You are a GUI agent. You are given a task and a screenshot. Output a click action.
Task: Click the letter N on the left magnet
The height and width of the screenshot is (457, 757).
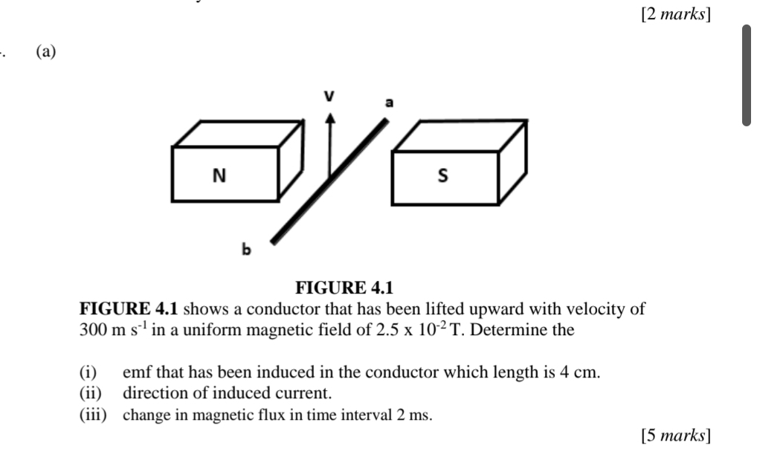[219, 175]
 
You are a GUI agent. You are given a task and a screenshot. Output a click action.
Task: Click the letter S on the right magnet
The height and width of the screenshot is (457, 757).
[442, 175]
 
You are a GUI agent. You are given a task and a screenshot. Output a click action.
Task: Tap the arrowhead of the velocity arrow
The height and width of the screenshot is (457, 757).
[330, 117]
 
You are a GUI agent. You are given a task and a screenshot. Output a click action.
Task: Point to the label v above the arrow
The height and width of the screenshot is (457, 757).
[329, 96]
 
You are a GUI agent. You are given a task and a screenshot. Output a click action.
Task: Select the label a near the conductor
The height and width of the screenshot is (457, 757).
[389, 103]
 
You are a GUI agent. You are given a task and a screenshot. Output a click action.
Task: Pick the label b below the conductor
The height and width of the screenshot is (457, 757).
[246, 249]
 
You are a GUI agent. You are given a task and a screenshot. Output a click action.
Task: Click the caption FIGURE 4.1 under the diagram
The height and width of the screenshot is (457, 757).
[344, 288]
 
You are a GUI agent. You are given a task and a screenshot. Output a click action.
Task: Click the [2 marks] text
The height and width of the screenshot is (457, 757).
[676, 14]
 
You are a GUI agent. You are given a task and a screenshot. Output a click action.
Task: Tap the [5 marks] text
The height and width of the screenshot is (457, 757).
[676, 435]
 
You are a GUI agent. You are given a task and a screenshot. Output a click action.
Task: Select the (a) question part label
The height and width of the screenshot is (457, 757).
[46, 51]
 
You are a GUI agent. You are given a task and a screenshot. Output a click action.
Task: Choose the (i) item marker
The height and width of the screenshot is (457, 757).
[88, 372]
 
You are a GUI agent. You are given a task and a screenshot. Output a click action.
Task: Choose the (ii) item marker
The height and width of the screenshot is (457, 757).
[91, 393]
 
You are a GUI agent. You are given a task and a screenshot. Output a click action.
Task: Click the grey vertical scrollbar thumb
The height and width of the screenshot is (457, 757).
[747, 75]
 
